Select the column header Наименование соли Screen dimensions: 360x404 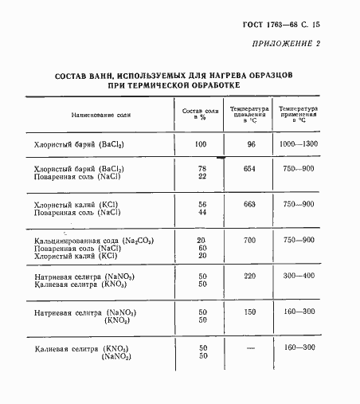point(100,116)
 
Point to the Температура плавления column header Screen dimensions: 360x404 point(248,112)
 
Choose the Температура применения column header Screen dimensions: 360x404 point(299,112)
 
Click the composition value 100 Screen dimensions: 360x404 point(201,144)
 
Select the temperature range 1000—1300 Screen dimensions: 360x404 point(299,144)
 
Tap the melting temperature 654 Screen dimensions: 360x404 point(248,169)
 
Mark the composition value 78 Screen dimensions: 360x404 point(202,169)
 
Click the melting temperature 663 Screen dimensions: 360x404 point(248,204)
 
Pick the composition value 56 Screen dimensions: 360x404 point(202,204)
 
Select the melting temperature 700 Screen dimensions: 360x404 point(248,240)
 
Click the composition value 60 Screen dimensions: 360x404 point(202,248)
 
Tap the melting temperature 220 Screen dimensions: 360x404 point(248,276)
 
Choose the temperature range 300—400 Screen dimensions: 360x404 point(299,276)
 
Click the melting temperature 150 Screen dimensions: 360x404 point(248,312)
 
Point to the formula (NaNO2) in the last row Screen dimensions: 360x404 point(116,356)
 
